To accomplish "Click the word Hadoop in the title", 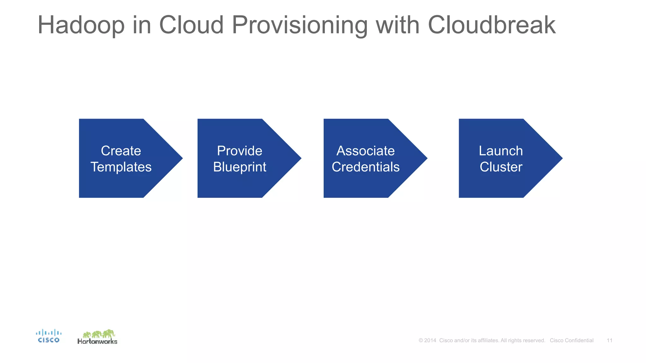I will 81,25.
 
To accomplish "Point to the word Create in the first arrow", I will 121,151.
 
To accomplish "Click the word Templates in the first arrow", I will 121,167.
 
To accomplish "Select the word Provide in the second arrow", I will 239,151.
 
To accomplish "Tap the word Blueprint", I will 239,167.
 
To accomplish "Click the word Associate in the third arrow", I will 365,151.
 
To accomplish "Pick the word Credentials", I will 365,167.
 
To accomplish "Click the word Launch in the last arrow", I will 501,151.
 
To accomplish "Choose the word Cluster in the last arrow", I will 501,167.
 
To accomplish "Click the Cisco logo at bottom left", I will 49,336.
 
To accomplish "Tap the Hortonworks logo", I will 97,337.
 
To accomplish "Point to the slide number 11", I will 609,340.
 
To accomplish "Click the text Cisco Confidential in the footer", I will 572,340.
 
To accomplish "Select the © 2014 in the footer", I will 427,340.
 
